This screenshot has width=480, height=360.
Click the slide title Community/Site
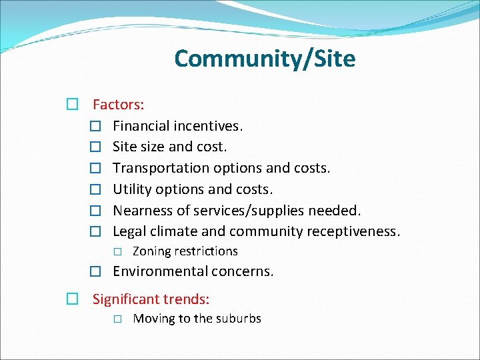pos(265,59)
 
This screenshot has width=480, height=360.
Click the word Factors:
pos(119,105)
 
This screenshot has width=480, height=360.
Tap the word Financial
pos(141,126)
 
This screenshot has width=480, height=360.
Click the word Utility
pos(132,189)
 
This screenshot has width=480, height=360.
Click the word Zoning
pos(151,251)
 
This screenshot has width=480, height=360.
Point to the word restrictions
pos(206,251)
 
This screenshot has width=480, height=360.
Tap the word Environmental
pos(160,271)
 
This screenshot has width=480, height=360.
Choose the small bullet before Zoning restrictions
pos(117,252)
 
